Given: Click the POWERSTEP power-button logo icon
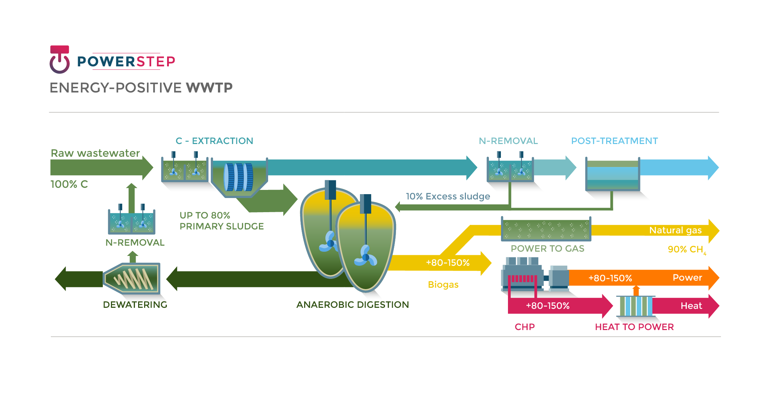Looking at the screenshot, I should (59, 60).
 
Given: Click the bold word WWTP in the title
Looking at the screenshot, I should (209, 88).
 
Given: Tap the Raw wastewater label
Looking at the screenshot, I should (95, 153).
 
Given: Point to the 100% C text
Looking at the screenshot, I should (69, 184).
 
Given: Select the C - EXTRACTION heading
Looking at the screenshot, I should (214, 141).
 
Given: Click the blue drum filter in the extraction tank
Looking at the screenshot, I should (239, 177).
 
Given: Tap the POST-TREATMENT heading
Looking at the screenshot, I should (614, 141).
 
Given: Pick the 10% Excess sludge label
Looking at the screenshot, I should (448, 196).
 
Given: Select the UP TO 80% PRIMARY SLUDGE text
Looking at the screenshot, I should (221, 221).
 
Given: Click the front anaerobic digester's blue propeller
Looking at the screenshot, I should (366, 257).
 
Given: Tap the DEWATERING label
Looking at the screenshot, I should (135, 305).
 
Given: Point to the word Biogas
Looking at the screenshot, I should (443, 285).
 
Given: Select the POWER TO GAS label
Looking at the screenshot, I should (547, 249).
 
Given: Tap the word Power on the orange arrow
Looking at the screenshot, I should (687, 277).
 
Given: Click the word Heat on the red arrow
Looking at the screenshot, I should (691, 306).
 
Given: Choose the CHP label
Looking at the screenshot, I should (525, 327).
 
